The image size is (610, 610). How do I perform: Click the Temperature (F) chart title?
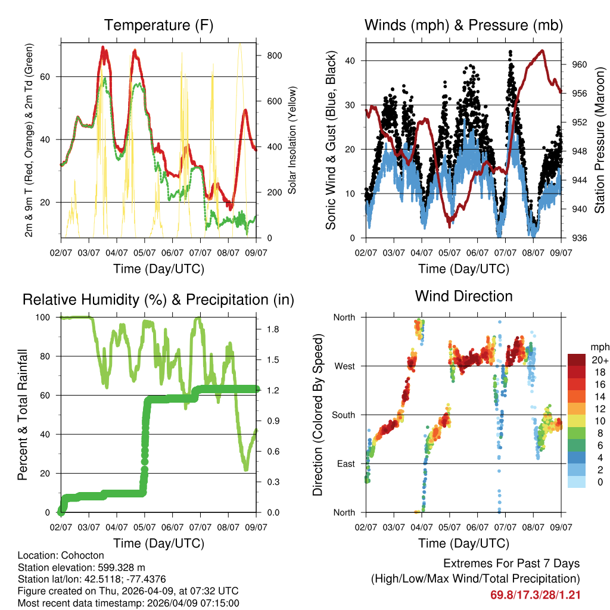click(158, 25)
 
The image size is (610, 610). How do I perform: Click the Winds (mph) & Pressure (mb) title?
click(463, 25)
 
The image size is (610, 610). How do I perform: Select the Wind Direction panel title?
click(463, 295)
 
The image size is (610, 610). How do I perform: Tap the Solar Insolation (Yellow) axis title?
click(292, 140)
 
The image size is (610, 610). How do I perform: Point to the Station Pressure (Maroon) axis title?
click(599, 140)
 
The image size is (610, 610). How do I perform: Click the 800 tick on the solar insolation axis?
click(274, 55)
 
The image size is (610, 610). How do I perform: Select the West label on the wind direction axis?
click(344, 366)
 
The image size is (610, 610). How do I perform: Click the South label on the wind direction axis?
click(343, 415)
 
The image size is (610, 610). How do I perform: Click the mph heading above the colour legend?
click(597, 347)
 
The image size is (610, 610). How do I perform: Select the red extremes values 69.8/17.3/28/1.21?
click(536, 595)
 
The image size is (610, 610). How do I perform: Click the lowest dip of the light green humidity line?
click(245, 470)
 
